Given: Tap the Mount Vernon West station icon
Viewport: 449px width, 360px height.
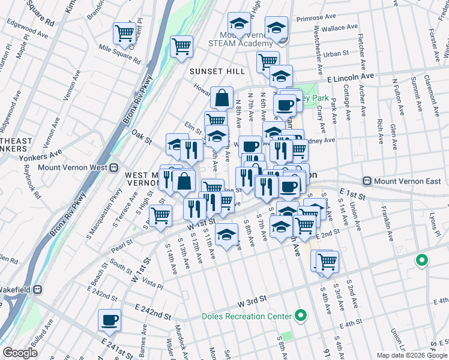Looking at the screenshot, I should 113,168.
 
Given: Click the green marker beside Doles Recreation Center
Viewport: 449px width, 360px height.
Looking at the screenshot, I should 301,316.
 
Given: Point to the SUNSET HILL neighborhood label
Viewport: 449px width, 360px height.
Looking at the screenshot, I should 217,71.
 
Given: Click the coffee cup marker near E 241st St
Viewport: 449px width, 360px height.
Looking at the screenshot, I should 110,320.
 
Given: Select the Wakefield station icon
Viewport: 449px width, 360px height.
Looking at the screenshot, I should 37,289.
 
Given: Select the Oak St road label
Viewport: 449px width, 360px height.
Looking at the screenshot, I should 142,137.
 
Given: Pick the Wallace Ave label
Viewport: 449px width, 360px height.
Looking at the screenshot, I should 341,28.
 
